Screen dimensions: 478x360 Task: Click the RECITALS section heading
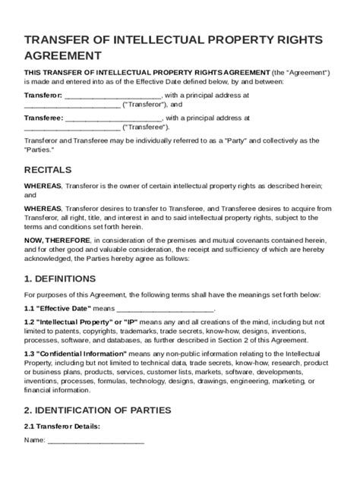point(48,169)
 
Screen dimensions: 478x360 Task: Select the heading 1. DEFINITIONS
point(60,278)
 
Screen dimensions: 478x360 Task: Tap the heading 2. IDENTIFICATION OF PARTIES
point(97,410)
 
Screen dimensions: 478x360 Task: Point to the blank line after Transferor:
point(112,96)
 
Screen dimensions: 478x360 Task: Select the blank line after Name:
point(96,440)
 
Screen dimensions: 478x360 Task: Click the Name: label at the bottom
point(34,440)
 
